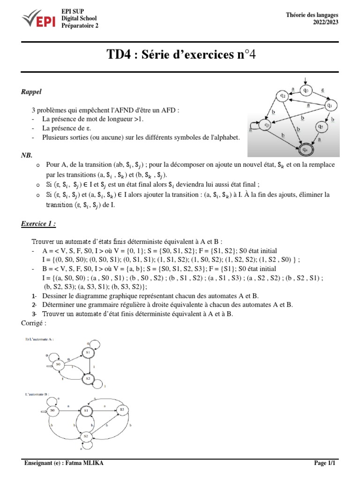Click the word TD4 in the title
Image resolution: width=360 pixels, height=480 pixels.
point(120,55)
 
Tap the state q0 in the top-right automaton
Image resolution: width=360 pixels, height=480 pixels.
point(305,90)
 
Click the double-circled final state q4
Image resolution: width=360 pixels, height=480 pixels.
point(305,150)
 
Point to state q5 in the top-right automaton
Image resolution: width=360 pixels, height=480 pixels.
point(320,126)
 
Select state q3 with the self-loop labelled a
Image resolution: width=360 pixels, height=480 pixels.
point(266,125)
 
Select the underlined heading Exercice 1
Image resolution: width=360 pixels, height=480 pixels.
point(38,224)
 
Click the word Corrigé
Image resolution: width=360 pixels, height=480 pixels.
point(34,323)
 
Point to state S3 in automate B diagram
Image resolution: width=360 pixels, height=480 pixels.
point(122,410)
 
